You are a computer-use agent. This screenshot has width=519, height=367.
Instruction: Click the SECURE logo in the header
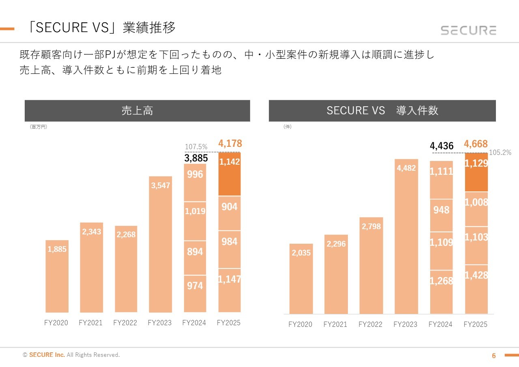tap(468, 30)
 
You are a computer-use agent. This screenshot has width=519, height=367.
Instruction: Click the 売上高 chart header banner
tap(137, 111)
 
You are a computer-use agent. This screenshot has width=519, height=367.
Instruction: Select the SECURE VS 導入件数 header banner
tap(382, 111)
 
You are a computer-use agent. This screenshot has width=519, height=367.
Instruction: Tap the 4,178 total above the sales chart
tap(230, 143)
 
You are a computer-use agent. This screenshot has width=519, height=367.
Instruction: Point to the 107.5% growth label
tap(196, 147)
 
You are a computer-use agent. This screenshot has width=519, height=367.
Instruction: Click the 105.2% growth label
tap(500, 153)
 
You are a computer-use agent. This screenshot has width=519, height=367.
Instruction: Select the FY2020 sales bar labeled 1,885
tap(57, 276)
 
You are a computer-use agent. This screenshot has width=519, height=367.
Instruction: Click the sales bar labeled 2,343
tap(91, 268)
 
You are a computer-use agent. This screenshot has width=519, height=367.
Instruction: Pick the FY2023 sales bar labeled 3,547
tap(161, 243)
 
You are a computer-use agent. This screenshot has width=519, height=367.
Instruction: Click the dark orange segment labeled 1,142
tap(229, 174)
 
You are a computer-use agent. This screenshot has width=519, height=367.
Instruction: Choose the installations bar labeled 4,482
tap(406, 235)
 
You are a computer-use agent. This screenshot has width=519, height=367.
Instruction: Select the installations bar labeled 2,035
tap(301, 280)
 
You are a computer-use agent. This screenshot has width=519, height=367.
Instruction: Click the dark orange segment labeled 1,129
tap(476, 172)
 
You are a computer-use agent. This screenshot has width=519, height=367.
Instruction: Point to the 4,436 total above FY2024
tap(442, 146)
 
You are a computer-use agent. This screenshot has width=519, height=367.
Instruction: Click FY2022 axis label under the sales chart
tap(125, 323)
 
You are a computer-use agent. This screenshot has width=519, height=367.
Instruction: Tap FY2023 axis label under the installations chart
tap(405, 325)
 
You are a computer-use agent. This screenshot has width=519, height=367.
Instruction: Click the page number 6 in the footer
tap(493, 356)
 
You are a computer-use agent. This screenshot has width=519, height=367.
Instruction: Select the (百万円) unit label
tap(39, 127)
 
